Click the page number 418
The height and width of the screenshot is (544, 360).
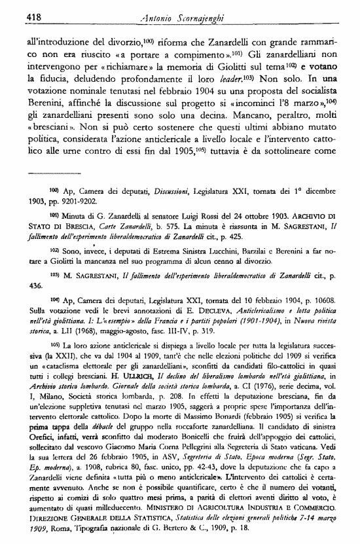point(18,15)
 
